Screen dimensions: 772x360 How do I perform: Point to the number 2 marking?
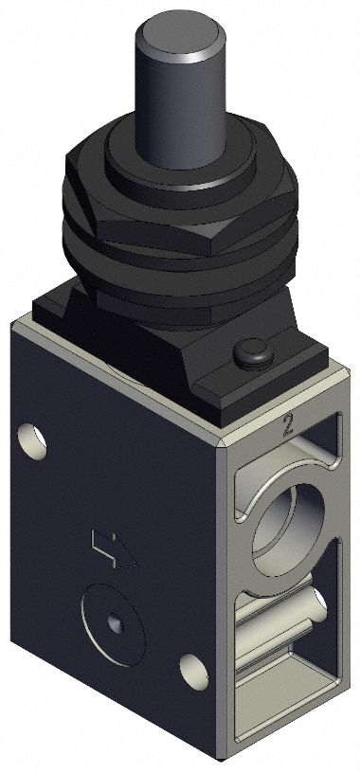tap(285, 424)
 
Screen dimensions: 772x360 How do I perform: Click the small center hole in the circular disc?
tap(115, 621)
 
